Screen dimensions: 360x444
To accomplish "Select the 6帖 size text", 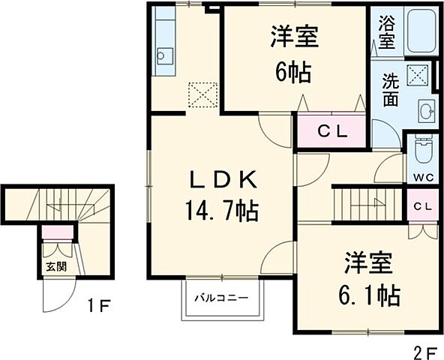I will [290, 73].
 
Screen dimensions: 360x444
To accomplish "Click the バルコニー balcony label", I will [223, 298].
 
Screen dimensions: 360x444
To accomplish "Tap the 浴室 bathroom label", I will [386, 32].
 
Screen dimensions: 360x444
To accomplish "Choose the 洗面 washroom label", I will [390, 89].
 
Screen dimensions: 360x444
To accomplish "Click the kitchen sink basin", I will [164, 55].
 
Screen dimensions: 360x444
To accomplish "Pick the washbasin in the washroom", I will [425, 112].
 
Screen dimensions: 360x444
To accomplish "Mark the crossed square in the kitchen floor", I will [202, 94].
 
